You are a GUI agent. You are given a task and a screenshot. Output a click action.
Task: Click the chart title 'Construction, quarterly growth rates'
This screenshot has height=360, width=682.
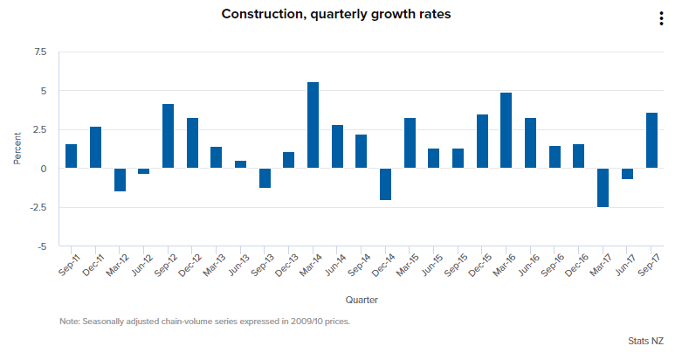tap(336, 14)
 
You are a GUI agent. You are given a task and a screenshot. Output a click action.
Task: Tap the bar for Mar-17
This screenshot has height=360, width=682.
tap(603, 188)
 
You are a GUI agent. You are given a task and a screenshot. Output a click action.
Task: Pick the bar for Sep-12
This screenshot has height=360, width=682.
tap(168, 136)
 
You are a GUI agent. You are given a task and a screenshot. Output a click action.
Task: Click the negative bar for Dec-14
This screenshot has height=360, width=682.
tap(385, 184)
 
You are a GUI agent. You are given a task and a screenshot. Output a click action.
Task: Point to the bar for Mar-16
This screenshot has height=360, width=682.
tap(506, 130)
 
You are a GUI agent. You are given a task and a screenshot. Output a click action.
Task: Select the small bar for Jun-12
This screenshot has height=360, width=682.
tap(143, 171)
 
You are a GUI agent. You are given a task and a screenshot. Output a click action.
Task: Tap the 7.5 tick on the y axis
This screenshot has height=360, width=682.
tap(40, 52)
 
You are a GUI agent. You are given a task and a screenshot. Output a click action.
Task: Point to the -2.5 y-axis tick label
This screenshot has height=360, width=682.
tap(38, 207)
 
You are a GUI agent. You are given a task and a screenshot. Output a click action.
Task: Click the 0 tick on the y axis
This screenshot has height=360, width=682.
tap(44, 169)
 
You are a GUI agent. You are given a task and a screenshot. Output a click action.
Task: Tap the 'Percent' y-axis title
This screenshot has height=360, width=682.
tap(17, 149)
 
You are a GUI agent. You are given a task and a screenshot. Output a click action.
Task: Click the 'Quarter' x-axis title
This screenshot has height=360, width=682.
tap(361, 300)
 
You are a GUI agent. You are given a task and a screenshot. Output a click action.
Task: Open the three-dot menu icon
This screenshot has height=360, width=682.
tap(661, 20)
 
